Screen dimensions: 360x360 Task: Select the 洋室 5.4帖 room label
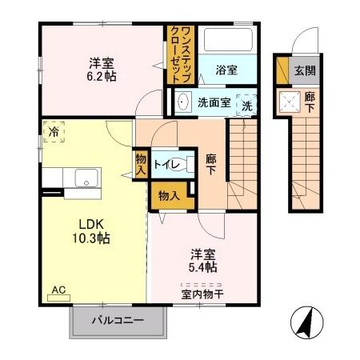click(204, 262)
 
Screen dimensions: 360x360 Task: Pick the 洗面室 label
click(214, 102)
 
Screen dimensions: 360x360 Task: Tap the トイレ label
click(164, 165)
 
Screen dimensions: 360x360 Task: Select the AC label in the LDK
click(58, 290)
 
